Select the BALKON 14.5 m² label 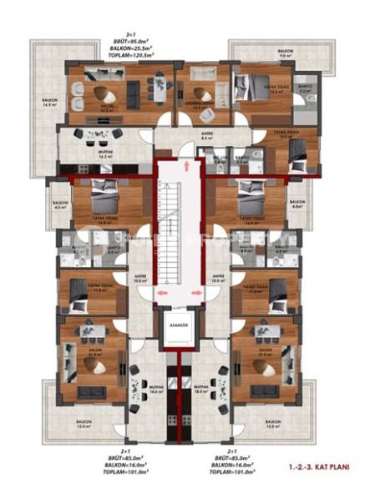[x=49, y=102]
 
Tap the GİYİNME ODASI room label [x=200, y=94]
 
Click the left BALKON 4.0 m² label [x=59, y=205]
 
